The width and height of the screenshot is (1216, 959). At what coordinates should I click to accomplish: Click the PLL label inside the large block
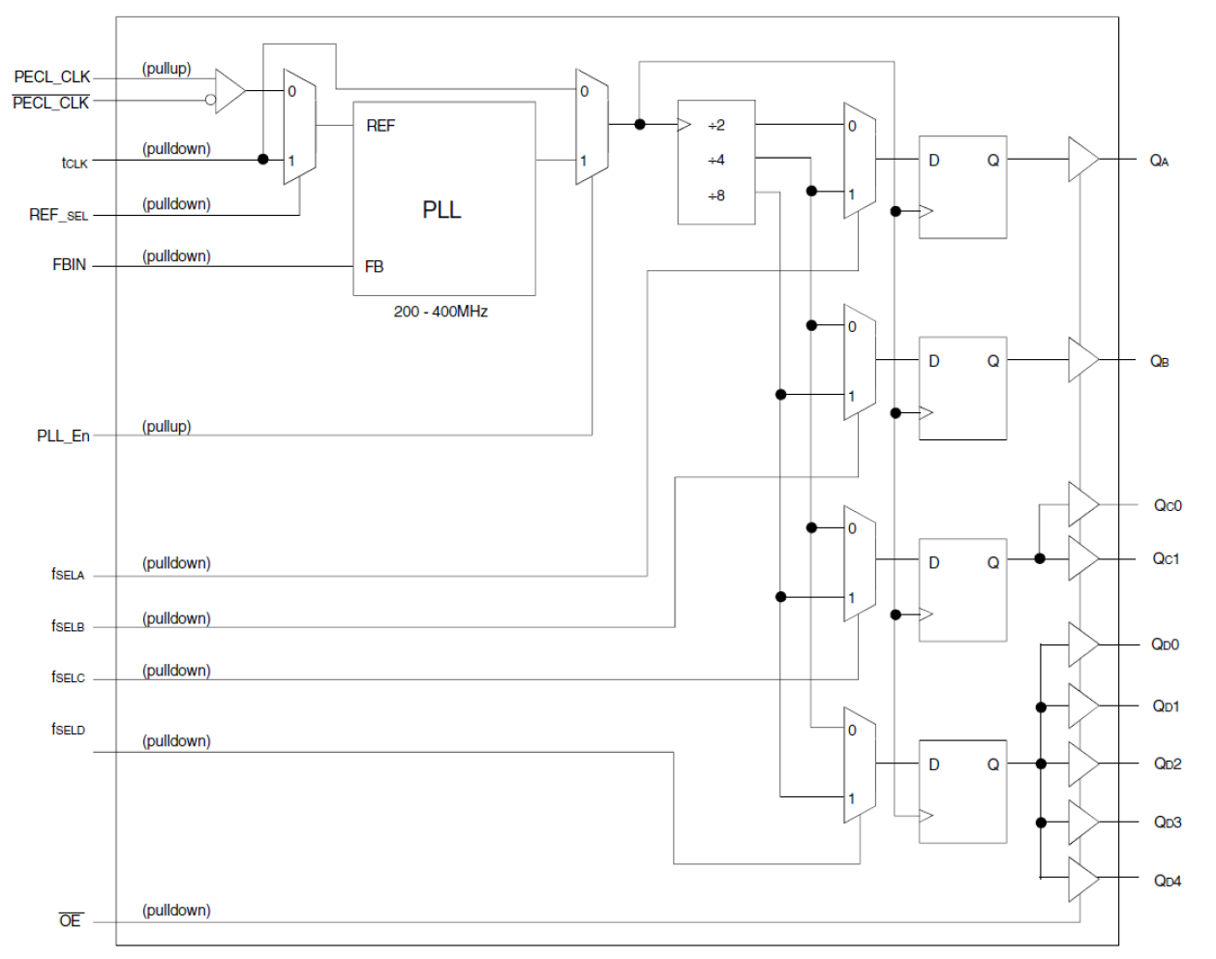441,210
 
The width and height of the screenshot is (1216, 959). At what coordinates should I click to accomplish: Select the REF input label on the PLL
380,126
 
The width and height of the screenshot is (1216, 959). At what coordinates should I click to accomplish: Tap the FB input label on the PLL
374,267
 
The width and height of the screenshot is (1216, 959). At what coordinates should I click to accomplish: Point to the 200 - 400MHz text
441,312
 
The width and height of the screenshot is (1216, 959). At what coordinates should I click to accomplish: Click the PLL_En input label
63,436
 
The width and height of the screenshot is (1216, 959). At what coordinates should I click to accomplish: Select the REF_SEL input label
58,215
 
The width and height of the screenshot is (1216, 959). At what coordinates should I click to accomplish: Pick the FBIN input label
69,265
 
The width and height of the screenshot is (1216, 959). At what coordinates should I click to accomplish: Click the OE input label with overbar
70,920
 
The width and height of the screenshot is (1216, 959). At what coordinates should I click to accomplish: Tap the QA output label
1159,161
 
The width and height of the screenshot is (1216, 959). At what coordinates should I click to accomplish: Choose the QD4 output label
1167,881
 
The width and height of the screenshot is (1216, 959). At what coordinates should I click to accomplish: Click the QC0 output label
1167,505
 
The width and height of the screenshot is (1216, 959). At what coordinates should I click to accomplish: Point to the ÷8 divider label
715,195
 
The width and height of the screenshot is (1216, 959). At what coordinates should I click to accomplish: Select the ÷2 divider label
715,126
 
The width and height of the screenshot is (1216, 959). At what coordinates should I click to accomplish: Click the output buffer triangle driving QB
1081,360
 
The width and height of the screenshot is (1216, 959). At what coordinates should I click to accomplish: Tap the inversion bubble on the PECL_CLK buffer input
210,99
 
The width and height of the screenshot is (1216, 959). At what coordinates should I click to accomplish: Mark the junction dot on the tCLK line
263,159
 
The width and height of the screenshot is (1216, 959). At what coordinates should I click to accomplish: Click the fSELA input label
68,574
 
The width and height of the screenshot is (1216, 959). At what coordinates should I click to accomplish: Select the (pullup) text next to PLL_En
167,427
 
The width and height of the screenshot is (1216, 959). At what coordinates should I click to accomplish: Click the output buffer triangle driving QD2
1081,764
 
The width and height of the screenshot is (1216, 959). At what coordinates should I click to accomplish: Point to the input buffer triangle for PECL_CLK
228,91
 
